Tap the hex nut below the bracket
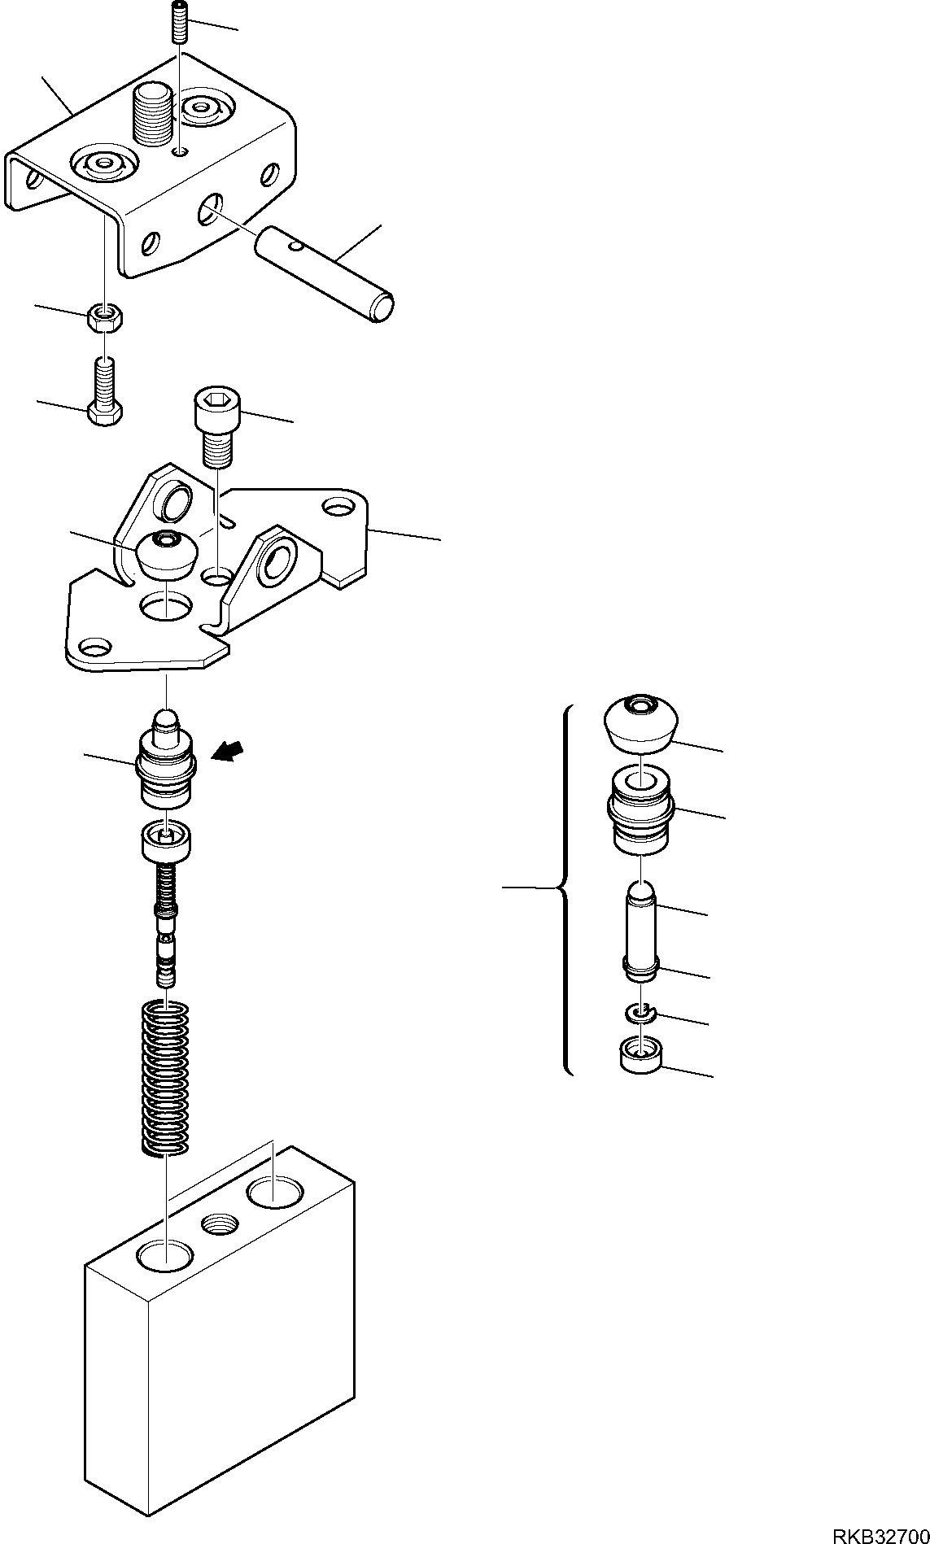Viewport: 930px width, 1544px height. click(x=104, y=317)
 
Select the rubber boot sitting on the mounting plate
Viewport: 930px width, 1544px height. click(x=168, y=554)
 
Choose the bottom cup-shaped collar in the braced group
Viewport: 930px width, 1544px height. click(x=642, y=1056)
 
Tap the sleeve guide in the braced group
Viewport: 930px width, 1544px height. click(x=641, y=809)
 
